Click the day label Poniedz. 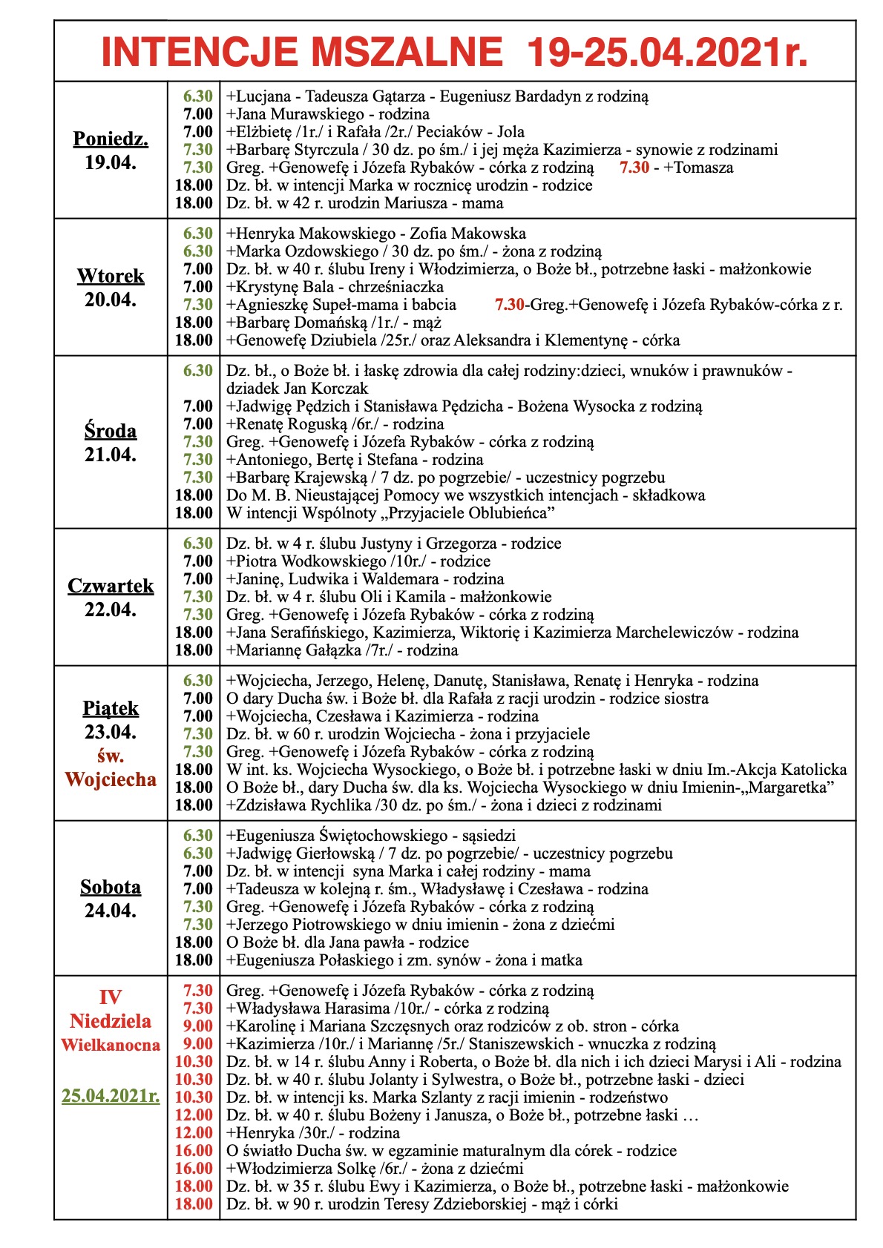tap(111, 139)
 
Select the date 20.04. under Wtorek tap(111, 300)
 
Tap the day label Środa tap(111, 431)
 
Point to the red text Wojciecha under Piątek tap(111, 779)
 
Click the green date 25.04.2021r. tap(111, 1095)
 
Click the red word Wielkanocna tap(111, 1045)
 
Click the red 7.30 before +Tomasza tap(634, 168)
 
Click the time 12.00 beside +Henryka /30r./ tap(194, 1133)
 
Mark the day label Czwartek tap(111, 586)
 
